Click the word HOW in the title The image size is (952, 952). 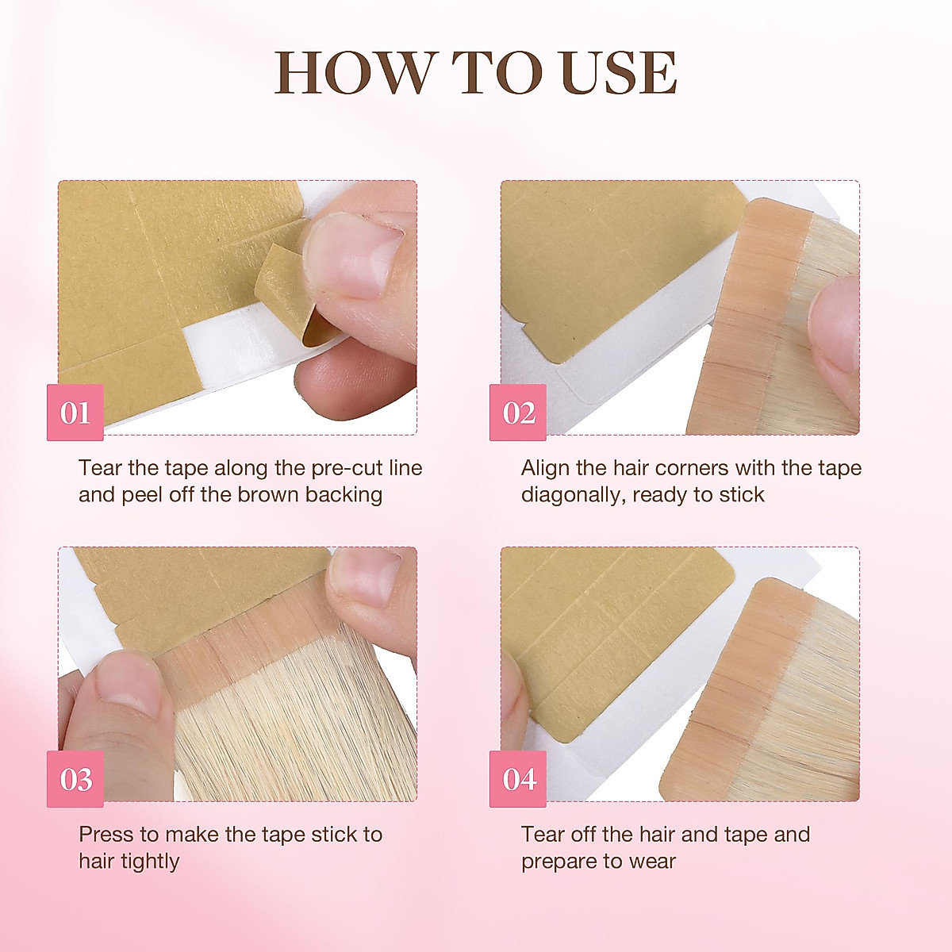354,73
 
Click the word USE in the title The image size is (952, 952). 618,73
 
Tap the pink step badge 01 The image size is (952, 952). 75,413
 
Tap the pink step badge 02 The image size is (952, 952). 518,413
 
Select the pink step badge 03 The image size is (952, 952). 75,779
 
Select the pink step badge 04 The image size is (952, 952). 518,779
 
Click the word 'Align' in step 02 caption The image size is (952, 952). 546,468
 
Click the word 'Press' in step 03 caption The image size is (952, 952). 106,835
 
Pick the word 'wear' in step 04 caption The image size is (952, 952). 655,862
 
